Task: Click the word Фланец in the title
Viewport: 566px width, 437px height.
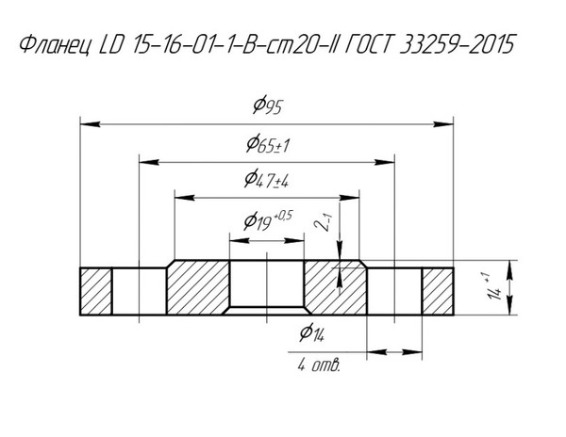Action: click(x=55, y=45)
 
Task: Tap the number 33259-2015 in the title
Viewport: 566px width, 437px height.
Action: click(x=457, y=44)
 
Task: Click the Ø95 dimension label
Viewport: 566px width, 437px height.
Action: click(x=267, y=105)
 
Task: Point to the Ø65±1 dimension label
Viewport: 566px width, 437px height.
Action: click(x=268, y=144)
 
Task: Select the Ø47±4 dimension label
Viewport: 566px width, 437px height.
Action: click(x=266, y=179)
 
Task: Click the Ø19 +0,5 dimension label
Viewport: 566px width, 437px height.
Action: click(x=268, y=220)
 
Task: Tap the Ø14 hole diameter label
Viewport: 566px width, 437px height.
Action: click(x=312, y=332)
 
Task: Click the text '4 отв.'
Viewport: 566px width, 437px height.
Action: click(x=319, y=365)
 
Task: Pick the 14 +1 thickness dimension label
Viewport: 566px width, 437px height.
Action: click(x=493, y=287)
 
